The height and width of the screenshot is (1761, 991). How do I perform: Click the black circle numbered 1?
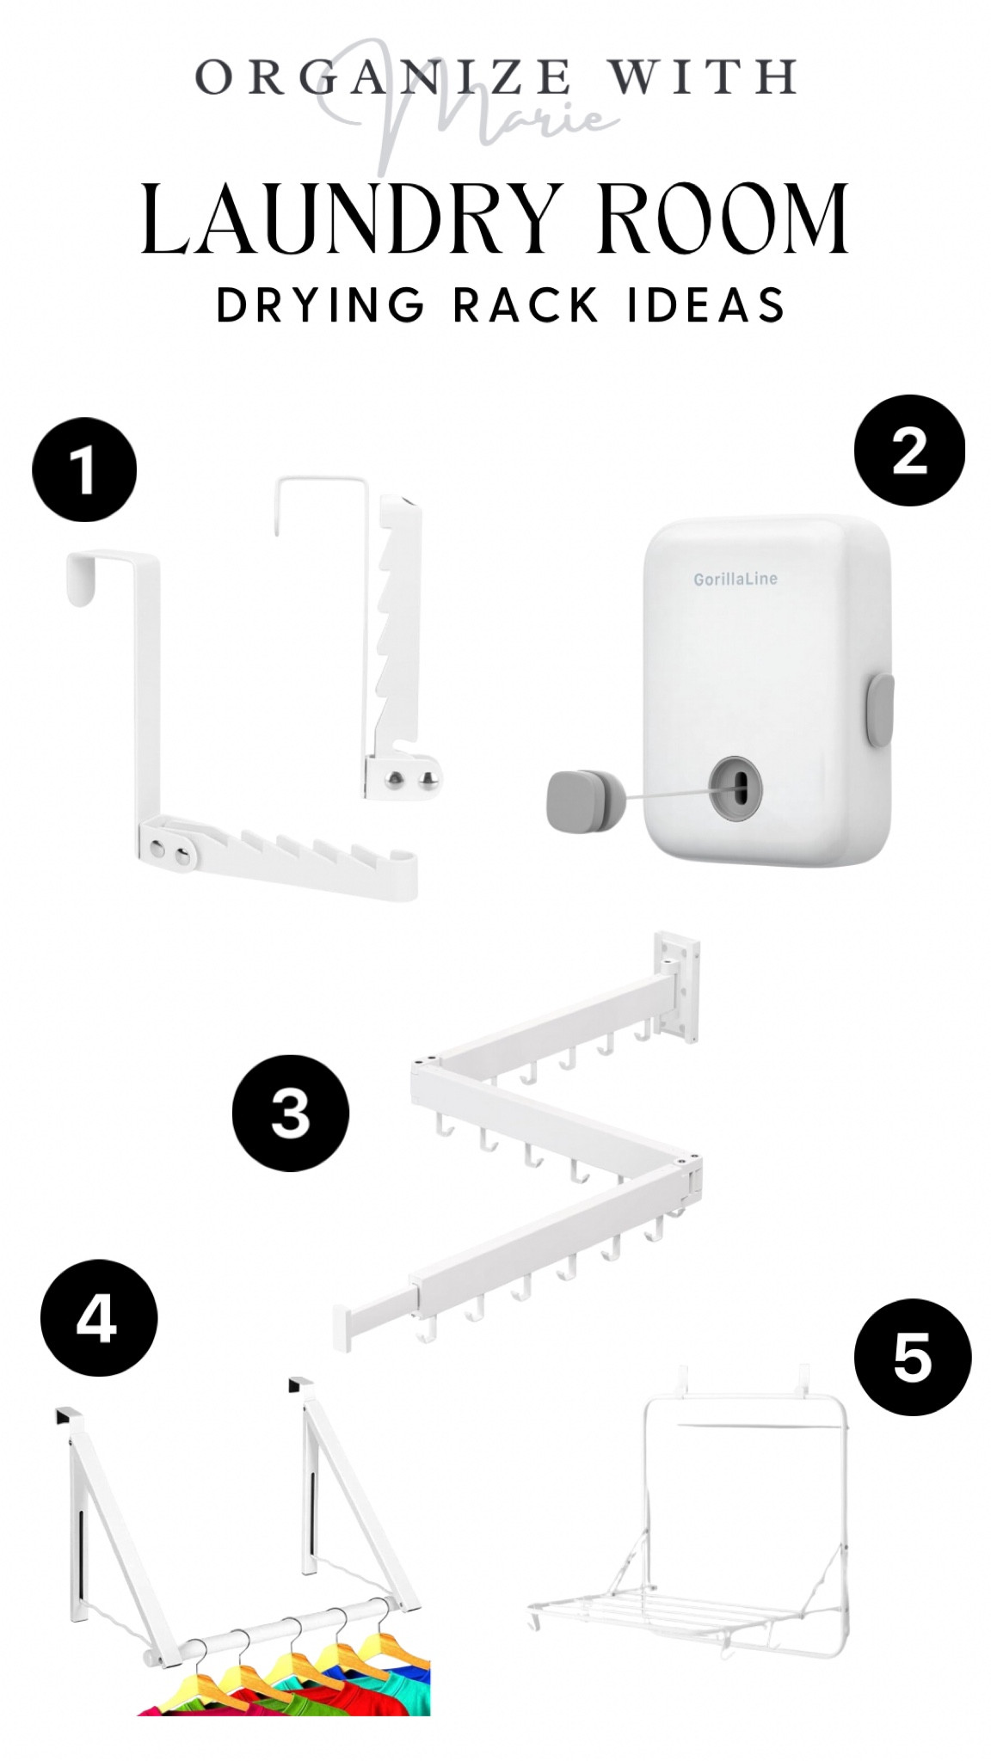pos(84,469)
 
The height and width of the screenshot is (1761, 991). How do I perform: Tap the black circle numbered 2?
pos(908,450)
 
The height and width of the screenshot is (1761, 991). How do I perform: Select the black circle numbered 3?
pos(291,1113)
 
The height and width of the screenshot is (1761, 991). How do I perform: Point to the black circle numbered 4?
pos(99,1318)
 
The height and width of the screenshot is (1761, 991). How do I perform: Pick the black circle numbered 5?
pos(912,1357)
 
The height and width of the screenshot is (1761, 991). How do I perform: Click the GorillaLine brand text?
pos(736,579)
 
